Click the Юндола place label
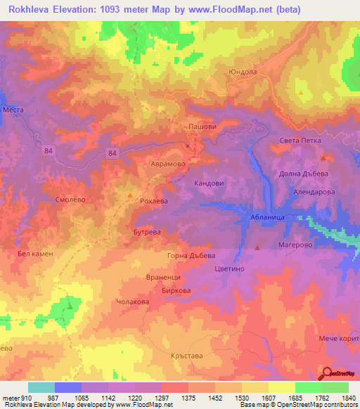[x=242, y=72]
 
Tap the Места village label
[x=13, y=110]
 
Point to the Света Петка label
[x=300, y=141]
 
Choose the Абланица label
[x=267, y=219]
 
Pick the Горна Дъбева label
[x=191, y=255]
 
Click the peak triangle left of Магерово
[x=258, y=247]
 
